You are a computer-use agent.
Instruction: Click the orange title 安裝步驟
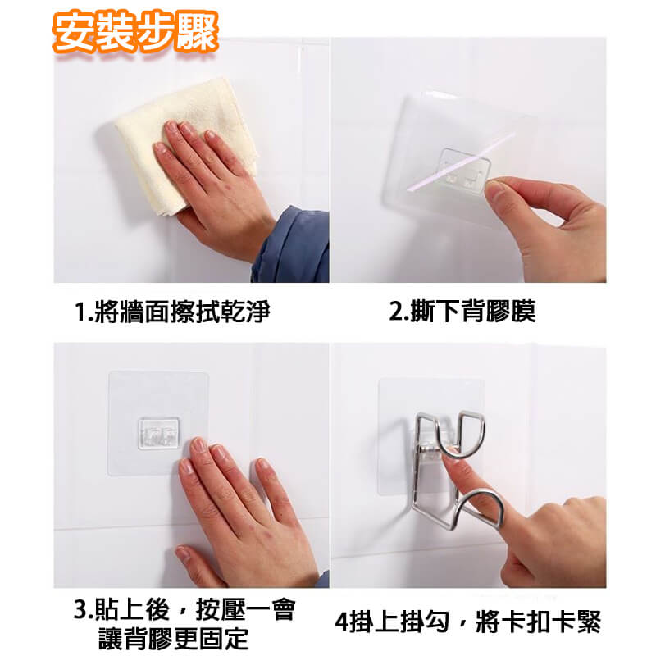[135, 32]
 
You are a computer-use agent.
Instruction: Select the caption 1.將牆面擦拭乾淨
[172, 312]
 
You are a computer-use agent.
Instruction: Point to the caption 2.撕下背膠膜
[462, 312]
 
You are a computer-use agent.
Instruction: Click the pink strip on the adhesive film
[461, 162]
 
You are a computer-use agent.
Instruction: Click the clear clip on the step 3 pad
[158, 433]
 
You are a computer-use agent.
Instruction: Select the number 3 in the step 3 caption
[80, 609]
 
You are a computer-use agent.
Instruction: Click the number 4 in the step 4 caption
[341, 622]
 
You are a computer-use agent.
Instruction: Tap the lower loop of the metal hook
[481, 509]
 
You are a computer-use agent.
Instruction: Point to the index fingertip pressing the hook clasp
[449, 454]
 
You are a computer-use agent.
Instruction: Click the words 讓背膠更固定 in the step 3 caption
[174, 639]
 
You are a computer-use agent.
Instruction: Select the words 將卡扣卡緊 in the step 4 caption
[538, 622]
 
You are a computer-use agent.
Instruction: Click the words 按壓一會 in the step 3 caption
[245, 609]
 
